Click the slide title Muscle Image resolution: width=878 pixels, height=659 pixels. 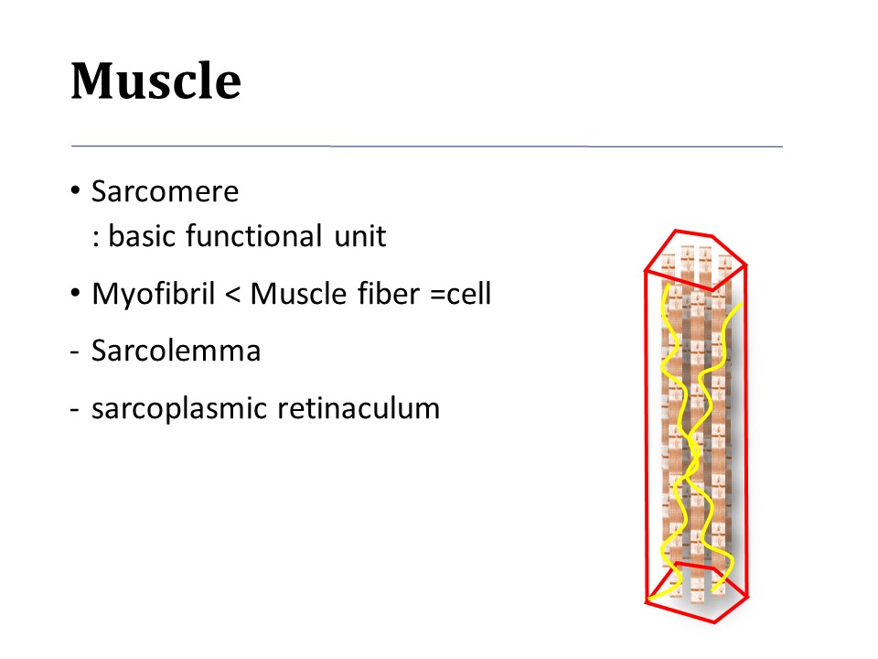(x=155, y=81)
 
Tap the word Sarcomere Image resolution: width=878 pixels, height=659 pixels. (x=165, y=192)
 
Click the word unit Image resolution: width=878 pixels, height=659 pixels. (x=359, y=236)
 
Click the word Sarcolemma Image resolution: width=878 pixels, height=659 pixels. (x=176, y=351)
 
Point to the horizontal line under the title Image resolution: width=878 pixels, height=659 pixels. (x=427, y=146)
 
